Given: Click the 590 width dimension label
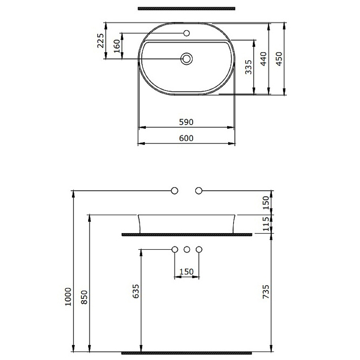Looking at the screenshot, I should [x=186, y=122].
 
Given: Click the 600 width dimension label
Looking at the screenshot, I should [x=186, y=139].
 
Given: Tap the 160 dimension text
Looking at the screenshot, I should [x=117, y=46].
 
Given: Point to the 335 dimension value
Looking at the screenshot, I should [x=248, y=67].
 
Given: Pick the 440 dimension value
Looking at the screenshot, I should [x=263, y=59].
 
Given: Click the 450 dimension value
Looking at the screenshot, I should [x=279, y=59].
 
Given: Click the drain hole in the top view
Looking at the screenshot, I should [x=187, y=58].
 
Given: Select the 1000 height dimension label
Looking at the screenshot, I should [x=68, y=297].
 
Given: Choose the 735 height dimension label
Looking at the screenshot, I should [x=265, y=292].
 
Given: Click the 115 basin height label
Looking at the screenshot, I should [x=265, y=224].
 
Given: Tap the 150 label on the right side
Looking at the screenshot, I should [x=265, y=202].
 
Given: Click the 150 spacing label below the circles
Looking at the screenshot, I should [x=186, y=272].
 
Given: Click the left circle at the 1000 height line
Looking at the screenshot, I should [x=175, y=191].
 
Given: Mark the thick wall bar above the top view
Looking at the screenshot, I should [x=186, y=9].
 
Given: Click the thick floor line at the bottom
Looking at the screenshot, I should [x=186, y=352].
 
